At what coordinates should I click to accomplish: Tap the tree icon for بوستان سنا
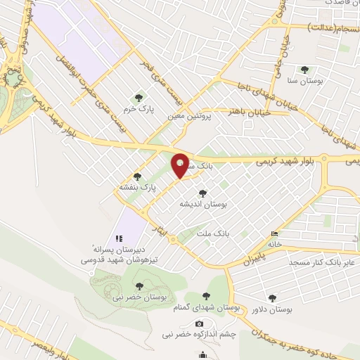click(304, 70)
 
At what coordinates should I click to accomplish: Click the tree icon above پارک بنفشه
click(136, 176)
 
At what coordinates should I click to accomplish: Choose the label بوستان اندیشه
click(202, 204)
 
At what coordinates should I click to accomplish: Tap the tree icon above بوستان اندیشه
click(202, 193)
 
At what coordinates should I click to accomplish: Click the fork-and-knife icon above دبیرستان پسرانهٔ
click(119, 238)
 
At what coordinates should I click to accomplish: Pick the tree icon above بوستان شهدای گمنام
click(206, 296)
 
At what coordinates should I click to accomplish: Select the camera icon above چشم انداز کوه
click(199, 323)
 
